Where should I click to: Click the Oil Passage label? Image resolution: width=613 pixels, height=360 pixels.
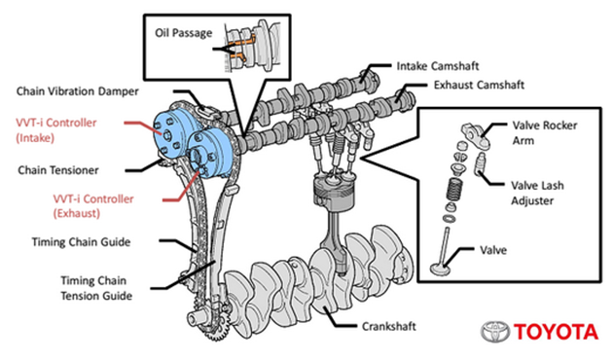point(183,32)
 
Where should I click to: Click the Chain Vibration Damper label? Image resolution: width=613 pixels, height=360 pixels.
point(77,91)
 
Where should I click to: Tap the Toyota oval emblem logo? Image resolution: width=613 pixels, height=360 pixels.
point(495,332)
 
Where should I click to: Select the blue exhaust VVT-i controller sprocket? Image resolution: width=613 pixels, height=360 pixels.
point(209,157)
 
